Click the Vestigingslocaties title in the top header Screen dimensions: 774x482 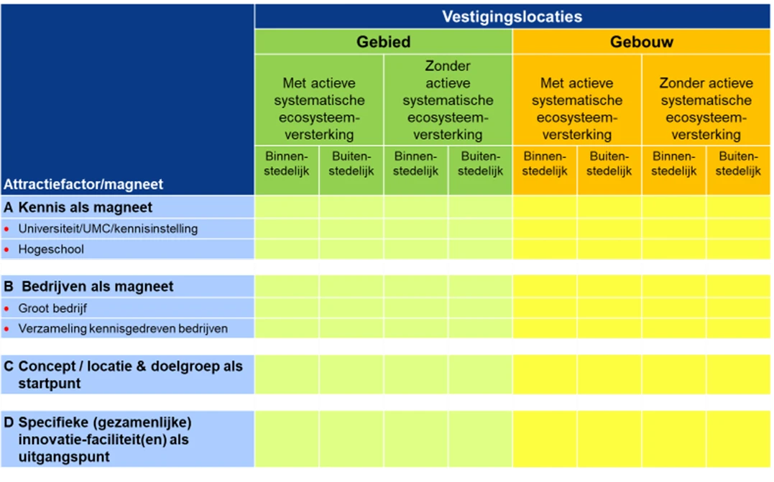pos(512,17)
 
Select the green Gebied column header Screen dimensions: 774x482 pos(383,42)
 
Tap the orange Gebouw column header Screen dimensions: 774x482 pos(641,42)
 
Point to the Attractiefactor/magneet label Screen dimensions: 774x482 pos(83,185)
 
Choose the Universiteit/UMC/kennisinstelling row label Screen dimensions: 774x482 pos(108,229)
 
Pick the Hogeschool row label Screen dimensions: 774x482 pos(51,250)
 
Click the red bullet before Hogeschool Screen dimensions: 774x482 pos(6,250)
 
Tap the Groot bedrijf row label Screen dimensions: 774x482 pos(52,308)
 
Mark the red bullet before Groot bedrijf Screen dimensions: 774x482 pos(6,309)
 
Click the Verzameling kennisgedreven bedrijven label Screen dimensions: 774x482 pos(123,329)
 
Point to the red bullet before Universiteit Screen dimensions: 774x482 pos(6,229)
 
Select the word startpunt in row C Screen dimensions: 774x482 pos(50,384)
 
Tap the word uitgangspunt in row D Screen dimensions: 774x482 pos(64,457)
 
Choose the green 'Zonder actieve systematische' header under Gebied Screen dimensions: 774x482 pos(448,100)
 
